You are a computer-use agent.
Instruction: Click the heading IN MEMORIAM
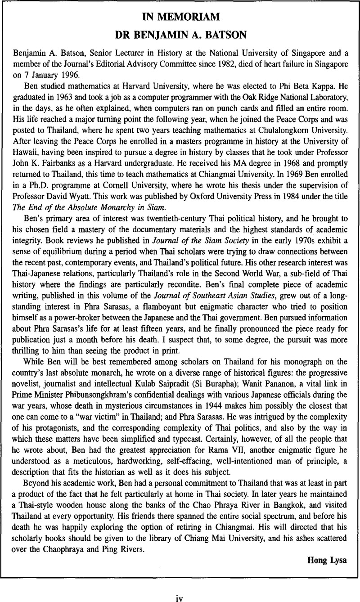point(180,17)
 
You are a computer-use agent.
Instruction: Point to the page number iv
point(180,586)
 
